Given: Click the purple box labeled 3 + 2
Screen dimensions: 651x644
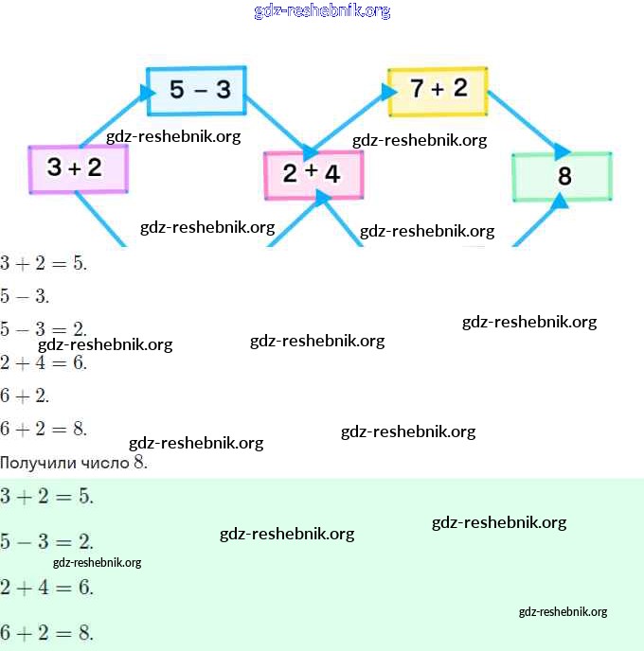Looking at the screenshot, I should click(x=79, y=169).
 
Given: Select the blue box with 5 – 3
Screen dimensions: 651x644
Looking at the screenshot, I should click(x=196, y=91).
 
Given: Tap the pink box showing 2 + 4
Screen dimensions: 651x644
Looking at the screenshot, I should click(x=313, y=174).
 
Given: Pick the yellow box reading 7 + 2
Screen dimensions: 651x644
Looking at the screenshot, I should click(x=438, y=90).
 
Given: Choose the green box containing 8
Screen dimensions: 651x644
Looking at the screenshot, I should click(x=562, y=176).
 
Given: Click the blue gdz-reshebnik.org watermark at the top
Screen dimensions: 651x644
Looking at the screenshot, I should click(x=322, y=11).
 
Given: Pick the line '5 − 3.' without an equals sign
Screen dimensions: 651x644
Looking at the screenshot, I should click(x=25, y=296).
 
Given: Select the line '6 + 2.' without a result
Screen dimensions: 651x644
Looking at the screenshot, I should click(x=25, y=395).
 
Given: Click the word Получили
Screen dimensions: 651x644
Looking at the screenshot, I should click(x=32, y=463).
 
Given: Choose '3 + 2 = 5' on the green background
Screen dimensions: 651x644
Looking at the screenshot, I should click(x=46, y=496).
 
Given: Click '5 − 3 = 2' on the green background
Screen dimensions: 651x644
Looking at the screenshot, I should click(x=46, y=542).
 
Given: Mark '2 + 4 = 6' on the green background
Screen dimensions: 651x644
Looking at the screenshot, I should click(x=46, y=587).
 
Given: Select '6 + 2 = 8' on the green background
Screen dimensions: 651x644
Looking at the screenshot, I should click(x=46, y=631).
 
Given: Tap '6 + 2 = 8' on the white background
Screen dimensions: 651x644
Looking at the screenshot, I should click(x=44, y=429).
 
